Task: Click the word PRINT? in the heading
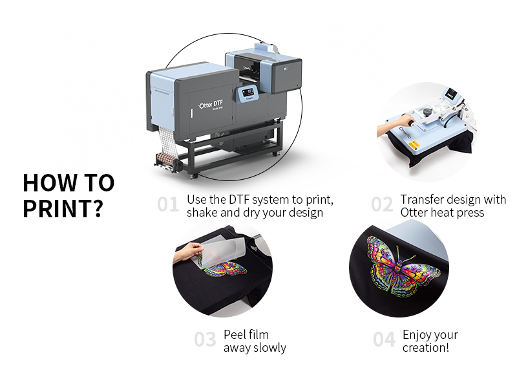[x=63, y=208]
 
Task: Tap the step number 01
[x=168, y=204]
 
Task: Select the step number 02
[x=382, y=204]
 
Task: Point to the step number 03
[x=205, y=339]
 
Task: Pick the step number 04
[x=384, y=339]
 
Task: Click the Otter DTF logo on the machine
[x=211, y=105]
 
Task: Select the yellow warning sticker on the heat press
[x=414, y=144]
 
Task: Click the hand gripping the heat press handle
[x=406, y=120]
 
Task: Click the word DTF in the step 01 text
[x=239, y=200]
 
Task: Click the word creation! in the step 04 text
[x=426, y=348]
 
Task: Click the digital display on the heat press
[x=450, y=94]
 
